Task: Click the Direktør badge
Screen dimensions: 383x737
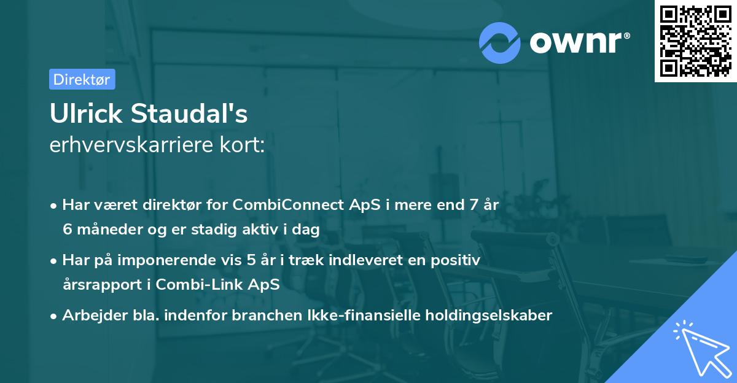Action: (x=82, y=79)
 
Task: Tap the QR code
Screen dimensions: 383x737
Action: (x=695, y=41)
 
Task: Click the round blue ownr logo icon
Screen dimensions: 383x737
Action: (x=500, y=42)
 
